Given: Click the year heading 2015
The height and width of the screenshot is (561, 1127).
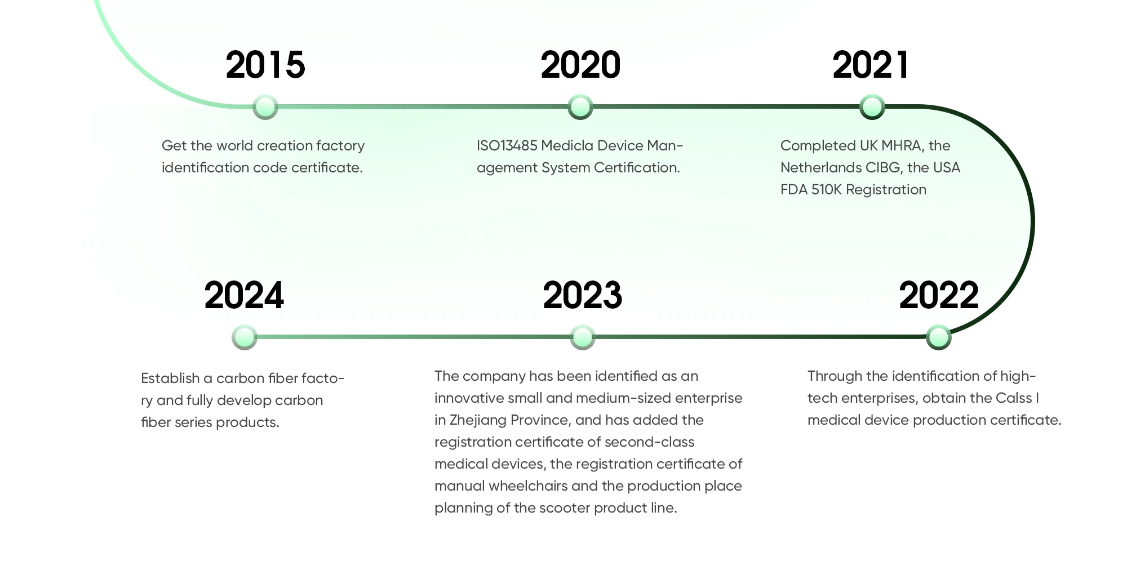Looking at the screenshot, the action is [265, 65].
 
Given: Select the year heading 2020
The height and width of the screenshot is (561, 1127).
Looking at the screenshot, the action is [580, 65].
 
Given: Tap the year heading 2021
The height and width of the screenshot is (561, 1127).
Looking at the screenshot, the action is [871, 65].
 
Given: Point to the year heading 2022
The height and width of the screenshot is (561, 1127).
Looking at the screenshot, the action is [939, 296].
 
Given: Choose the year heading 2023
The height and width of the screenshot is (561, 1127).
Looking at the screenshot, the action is [583, 296].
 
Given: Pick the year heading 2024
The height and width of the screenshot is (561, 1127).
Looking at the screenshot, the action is [244, 296].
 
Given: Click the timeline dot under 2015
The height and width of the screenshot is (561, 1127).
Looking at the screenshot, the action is [265, 106].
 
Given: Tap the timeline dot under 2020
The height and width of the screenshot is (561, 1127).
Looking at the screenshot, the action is [580, 106].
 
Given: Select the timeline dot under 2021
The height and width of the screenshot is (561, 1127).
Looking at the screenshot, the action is [872, 106].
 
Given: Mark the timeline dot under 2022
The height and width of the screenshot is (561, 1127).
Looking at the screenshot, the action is [939, 337].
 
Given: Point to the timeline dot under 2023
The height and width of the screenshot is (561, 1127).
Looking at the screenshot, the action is [583, 337].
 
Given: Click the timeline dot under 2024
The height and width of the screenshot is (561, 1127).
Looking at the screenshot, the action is [245, 337].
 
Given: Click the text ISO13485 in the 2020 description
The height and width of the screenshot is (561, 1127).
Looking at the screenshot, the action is [507, 146].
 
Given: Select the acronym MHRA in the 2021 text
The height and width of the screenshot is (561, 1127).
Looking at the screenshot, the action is [902, 146].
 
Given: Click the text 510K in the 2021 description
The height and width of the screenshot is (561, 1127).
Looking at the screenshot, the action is [826, 190].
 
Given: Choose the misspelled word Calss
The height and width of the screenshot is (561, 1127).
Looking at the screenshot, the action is [1014, 398].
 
